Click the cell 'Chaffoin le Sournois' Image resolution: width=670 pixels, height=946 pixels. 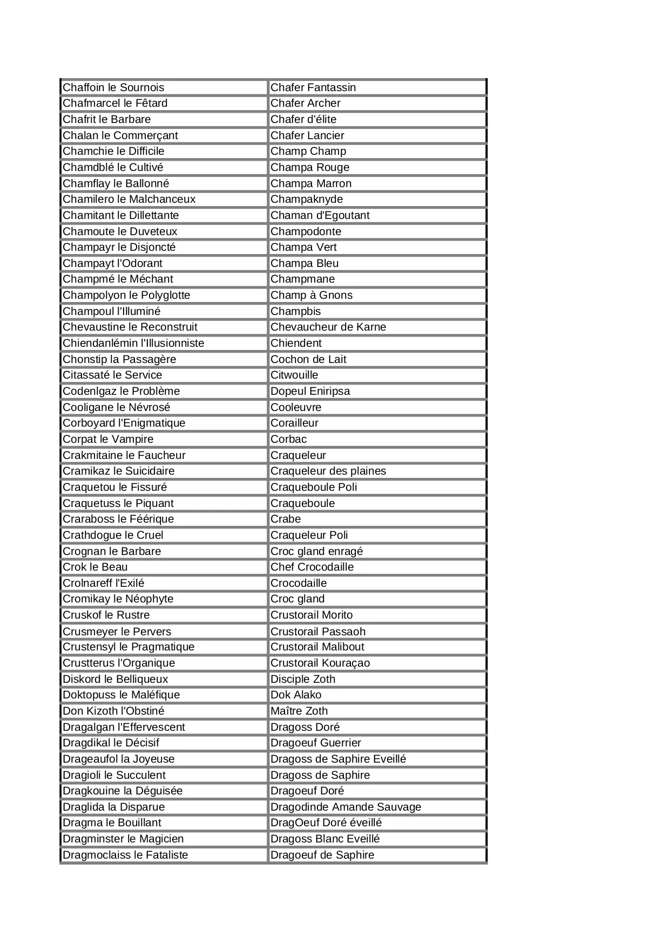click(x=113, y=87)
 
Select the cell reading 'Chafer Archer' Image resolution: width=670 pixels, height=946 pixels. click(x=305, y=103)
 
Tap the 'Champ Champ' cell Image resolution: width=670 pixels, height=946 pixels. click(x=308, y=151)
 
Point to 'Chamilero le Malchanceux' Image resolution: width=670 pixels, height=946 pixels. click(x=129, y=199)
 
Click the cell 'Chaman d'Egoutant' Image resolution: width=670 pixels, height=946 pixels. click(x=320, y=215)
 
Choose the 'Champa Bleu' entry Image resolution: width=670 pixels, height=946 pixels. click(x=304, y=263)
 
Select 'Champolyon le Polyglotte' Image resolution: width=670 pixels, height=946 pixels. click(x=126, y=295)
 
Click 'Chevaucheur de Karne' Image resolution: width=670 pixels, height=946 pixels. click(x=328, y=327)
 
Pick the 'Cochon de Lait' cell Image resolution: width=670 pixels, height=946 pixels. click(x=308, y=359)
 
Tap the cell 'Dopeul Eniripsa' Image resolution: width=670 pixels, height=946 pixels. click(x=310, y=391)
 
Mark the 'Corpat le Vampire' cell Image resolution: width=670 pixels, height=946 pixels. click(x=108, y=439)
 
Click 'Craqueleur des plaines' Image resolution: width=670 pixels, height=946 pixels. click(x=328, y=471)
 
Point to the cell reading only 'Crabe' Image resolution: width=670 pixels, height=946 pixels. click(x=286, y=519)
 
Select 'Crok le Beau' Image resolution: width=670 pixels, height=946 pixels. click(x=95, y=567)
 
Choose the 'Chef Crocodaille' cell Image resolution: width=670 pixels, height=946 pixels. click(x=312, y=567)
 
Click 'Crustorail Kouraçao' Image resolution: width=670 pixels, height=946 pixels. click(x=320, y=663)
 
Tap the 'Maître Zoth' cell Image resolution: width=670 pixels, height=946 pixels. click(x=299, y=711)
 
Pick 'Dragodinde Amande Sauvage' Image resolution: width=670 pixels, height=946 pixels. click(x=346, y=807)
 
